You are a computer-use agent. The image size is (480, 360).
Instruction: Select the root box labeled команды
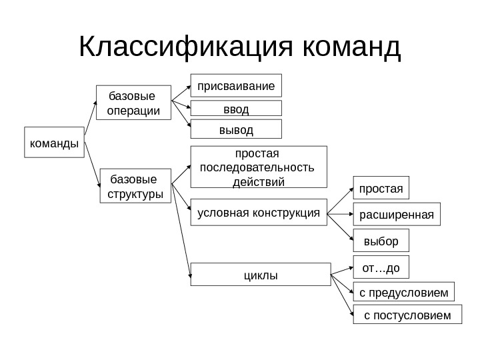tap(54, 142)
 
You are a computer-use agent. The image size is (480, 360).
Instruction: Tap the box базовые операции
tap(133, 103)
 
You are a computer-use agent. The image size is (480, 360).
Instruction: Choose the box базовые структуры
tap(135, 187)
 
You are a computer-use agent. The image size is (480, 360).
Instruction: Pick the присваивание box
tap(237, 86)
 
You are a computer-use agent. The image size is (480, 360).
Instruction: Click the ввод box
tap(237, 109)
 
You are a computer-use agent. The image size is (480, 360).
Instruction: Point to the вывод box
tap(237, 129)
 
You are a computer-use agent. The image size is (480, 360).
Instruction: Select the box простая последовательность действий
tap(259, 168)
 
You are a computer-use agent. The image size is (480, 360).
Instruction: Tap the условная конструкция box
tap(259, 213)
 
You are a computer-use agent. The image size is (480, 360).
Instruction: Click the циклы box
tap(260, 274)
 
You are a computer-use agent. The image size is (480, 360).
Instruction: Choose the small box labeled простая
tap(381, 189)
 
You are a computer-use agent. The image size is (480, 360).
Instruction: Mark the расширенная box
tap(396, 215)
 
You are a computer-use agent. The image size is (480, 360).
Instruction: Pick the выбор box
tap(381, 240)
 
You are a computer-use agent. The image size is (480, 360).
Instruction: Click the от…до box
tap(381, 267)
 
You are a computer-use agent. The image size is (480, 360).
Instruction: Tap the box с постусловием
tap(407, 314)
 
